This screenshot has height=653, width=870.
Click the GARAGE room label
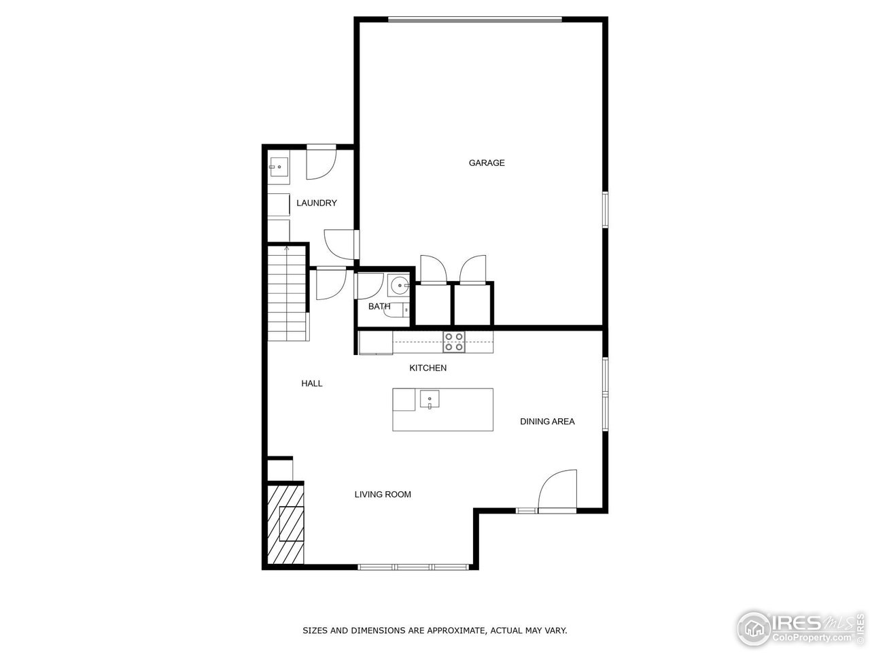(487, 163)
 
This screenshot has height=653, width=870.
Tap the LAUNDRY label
(316, 203)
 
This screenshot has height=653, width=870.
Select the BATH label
(379, 306)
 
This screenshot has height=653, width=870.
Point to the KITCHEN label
(428, 368)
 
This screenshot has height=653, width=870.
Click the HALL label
(312, 384)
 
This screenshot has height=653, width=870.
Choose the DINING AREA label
(547, 422)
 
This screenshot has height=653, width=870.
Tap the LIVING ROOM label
(383, 495)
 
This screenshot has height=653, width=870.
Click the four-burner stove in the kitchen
(454, 341)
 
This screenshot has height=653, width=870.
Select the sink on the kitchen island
(430, 399)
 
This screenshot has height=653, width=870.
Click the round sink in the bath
(398, 285)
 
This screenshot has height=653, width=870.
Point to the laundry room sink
(278, 167)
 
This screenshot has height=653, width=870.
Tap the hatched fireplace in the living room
(285, 523)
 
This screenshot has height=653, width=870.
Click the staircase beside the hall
(287, 293)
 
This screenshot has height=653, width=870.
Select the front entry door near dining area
(557, 491)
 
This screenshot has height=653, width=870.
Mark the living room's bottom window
(413, 567)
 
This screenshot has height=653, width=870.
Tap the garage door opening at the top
(475, 19)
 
